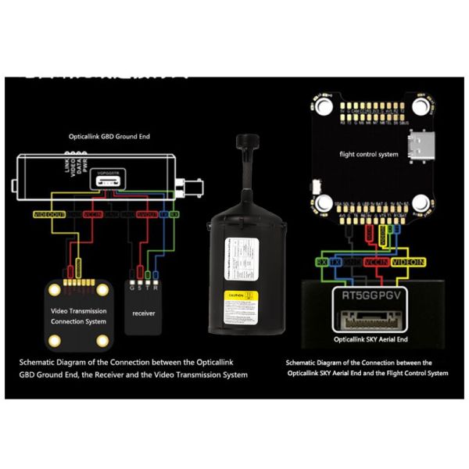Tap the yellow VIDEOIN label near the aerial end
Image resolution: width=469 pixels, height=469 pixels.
[409, 263]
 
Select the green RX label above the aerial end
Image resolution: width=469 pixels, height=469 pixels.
[322, 263]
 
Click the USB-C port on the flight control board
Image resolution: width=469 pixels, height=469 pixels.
[414, 147]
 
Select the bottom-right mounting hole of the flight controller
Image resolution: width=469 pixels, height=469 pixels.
[421, 204]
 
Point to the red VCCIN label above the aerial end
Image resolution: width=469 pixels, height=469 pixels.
[374, 263]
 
